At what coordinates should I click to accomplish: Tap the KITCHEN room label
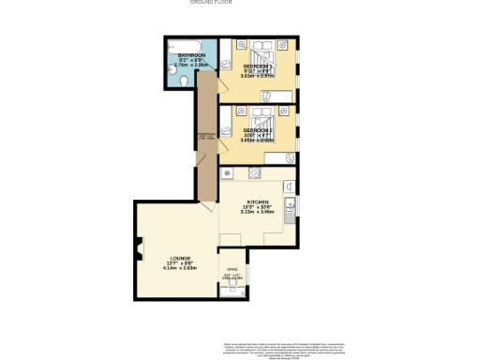pos(258,202)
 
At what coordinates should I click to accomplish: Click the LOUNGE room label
pos(181,259)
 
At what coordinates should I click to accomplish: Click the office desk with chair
pos(231,290)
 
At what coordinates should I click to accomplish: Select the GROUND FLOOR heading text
pos(211,3)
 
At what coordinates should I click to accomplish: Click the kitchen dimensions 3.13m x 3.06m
pos(259,213)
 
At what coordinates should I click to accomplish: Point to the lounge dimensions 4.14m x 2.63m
pos(181,270)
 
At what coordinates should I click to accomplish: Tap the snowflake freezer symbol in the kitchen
pos(226,174)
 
